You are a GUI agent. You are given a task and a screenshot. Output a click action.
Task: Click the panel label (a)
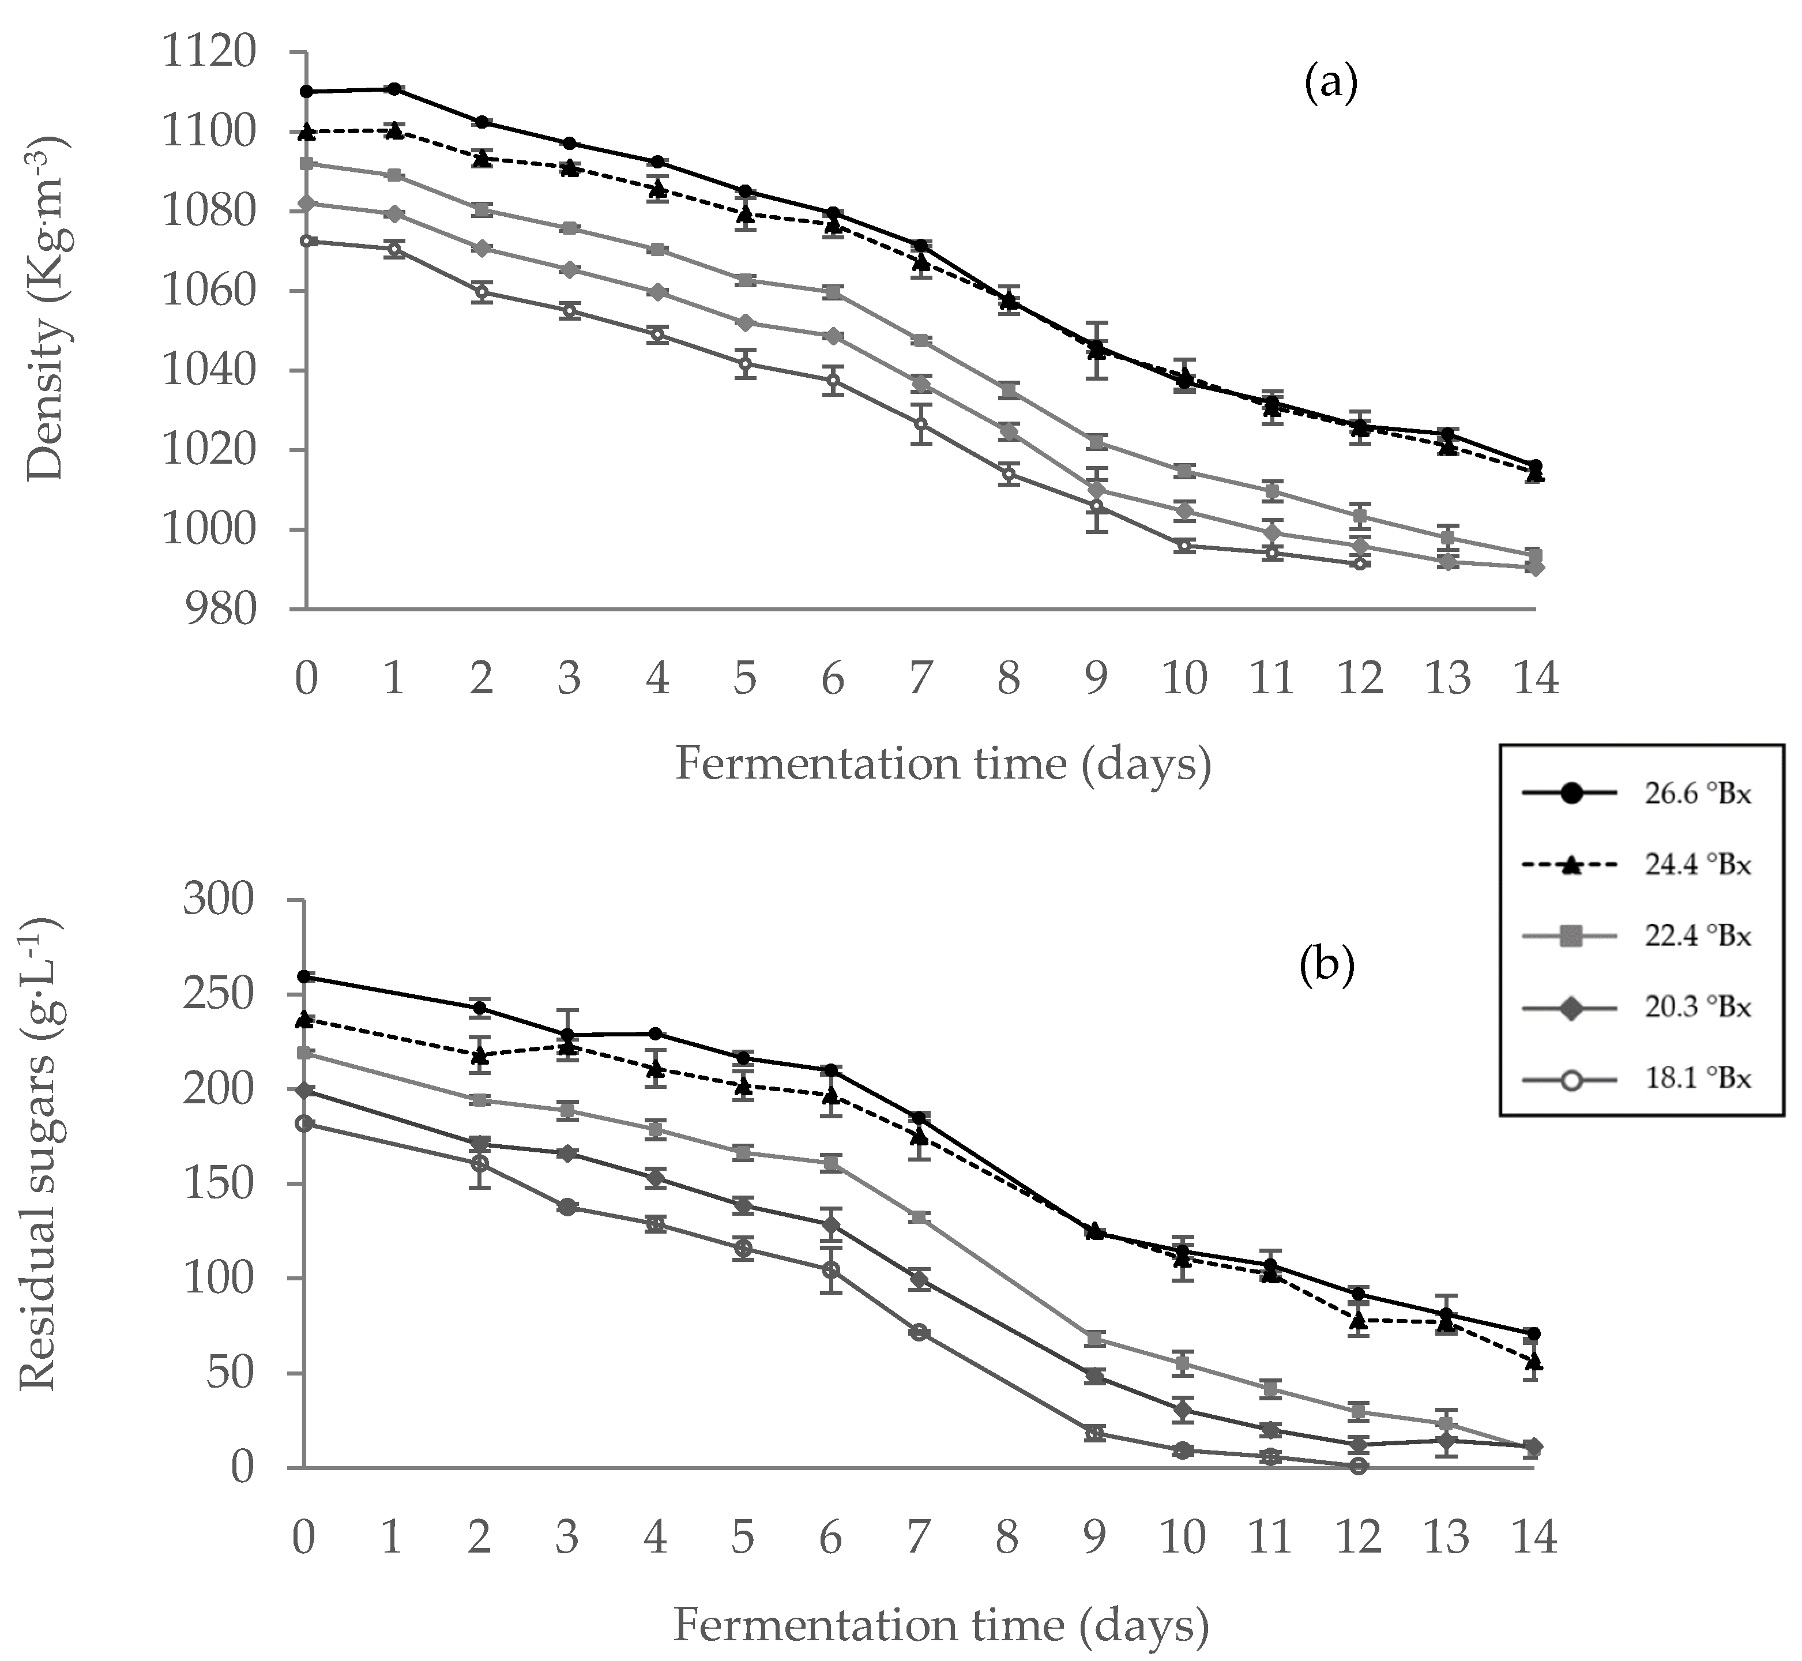coord(1330,85)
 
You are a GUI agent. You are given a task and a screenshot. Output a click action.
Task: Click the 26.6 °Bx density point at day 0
coord(306,92)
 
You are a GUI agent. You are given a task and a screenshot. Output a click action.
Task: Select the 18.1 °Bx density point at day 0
coord(306,241)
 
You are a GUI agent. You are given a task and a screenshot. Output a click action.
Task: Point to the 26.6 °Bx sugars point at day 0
coord(304,976)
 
